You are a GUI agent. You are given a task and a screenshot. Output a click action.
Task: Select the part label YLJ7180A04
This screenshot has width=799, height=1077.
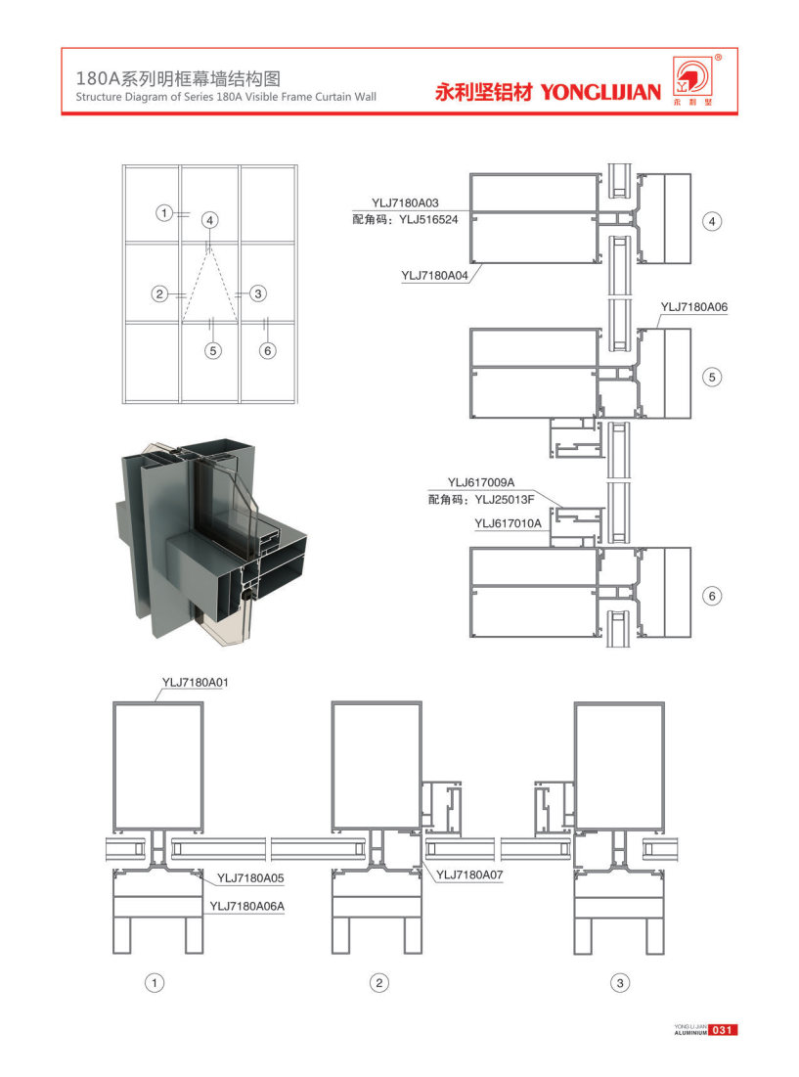pyautogui.click(x=435, y=276)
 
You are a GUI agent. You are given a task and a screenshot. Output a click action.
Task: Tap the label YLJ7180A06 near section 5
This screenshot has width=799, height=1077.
pyautogui.click(x=694, y=306)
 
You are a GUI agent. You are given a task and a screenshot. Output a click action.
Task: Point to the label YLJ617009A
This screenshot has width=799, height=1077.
pyautogui.click(x=481, y=482)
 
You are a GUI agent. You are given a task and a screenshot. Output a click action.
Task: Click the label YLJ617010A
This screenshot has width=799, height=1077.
pyautogui.click(x=508, y=523)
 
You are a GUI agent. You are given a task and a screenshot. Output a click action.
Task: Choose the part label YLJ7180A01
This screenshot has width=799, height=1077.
pyautogui.click(x=195, y=681)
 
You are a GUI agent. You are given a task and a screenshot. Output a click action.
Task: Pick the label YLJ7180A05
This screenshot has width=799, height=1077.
pyautogui.click(x=250, y=877)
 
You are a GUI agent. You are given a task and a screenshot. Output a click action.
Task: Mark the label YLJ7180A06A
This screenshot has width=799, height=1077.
pyautogui.click(x=246, y=907)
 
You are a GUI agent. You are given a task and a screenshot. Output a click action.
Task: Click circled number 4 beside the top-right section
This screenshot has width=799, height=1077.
pyautogui.click(x=712, y=222)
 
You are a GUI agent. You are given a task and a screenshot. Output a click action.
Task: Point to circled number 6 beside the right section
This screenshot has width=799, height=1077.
pyautogui.click(x=712, y=595)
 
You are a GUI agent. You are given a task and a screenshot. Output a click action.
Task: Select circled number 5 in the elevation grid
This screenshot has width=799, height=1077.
pyautogui.click(x=213, y=350)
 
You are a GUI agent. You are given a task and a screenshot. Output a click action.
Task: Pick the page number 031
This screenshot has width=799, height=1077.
pyautogui.click(x=723, y=1030)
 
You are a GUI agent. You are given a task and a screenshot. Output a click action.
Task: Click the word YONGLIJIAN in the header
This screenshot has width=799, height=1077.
pyautogui.click(x=600, y=93)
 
